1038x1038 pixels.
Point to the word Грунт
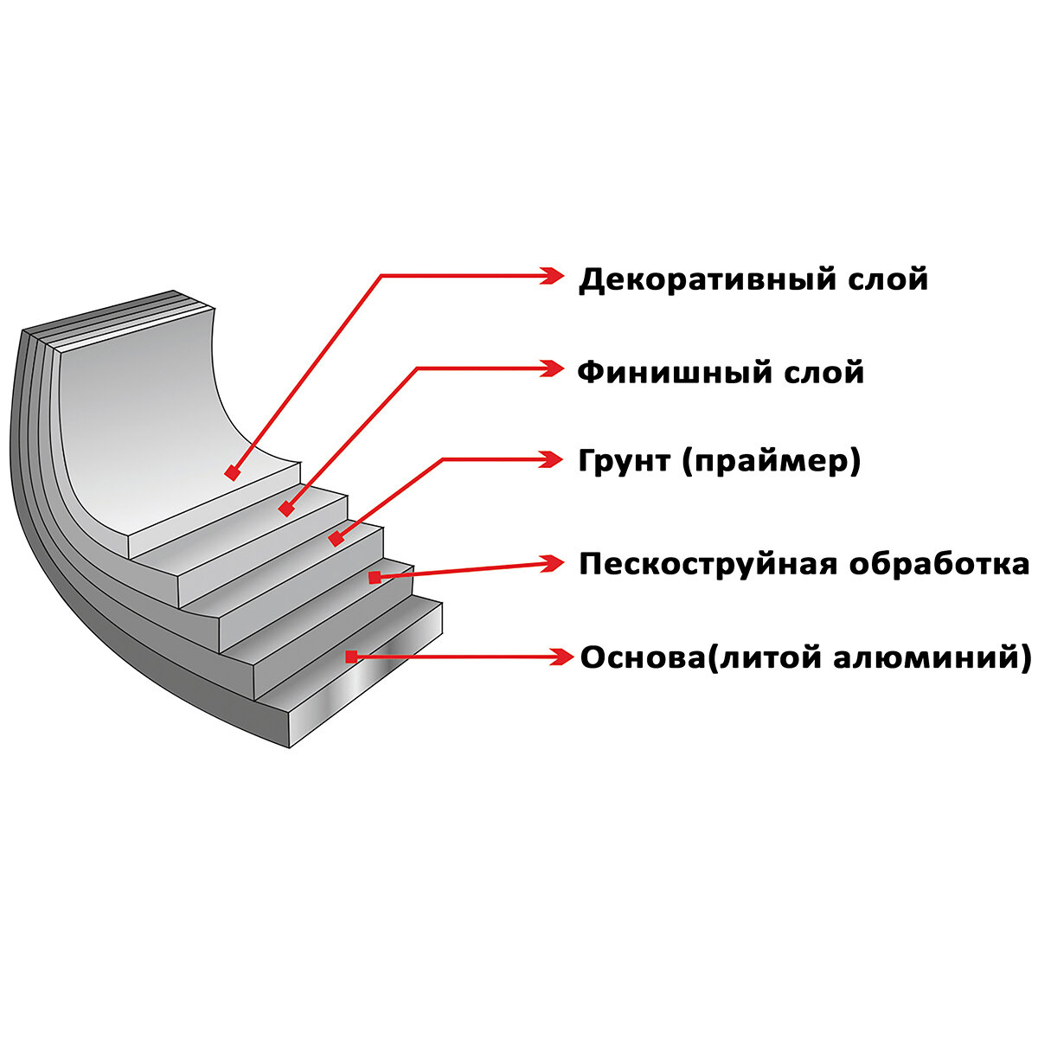(625, 461)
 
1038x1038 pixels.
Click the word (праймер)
(772, 462)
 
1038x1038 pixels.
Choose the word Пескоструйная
(708, 564)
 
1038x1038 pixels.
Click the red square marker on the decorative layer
(232, 472)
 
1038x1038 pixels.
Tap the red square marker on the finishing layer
(286, 509)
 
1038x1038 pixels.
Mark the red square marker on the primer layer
(336, 539)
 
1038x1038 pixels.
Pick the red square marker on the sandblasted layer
(375, 577)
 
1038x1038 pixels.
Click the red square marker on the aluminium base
(350, 657)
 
